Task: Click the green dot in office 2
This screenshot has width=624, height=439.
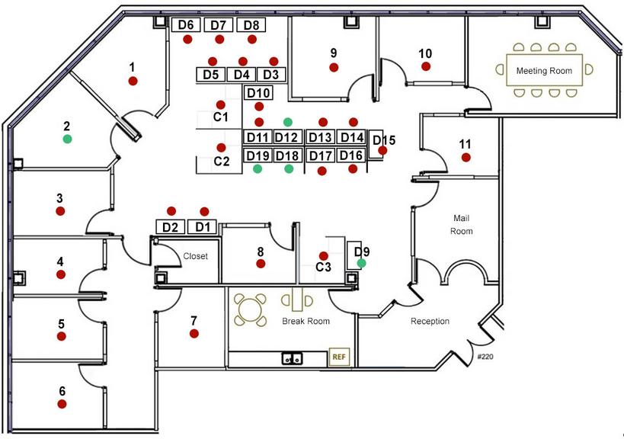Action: tap(67, 139)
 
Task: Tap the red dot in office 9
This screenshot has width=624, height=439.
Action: tap(334, 68)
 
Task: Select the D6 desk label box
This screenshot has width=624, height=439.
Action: tap(186, 24)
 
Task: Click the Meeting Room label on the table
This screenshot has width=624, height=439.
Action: tap(544, 71)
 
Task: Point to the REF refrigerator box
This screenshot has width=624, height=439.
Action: tap(339, 357)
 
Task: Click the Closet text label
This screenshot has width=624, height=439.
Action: tap(195, 256)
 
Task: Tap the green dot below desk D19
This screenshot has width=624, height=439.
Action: tap(258, 168)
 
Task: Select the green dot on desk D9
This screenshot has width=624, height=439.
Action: tap(361, 263)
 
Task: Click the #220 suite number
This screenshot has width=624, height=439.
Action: tap(485, 357)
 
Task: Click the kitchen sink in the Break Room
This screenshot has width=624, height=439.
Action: tap(292, 358)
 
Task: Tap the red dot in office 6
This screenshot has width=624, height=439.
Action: tap(62, 404)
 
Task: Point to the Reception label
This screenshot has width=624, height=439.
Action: tap(430, 321)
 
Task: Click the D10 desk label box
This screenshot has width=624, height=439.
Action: tap(258, 93)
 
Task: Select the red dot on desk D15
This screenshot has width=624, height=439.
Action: tap(382, 150)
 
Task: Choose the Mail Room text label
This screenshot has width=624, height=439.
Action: tap(461, 225)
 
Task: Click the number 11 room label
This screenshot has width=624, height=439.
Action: tap(465, 144)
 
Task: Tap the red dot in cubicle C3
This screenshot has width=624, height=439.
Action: tap(324, 256)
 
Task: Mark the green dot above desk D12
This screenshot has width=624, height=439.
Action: tap(288, 122)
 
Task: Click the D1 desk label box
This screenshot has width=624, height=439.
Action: tap(202, 227)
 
